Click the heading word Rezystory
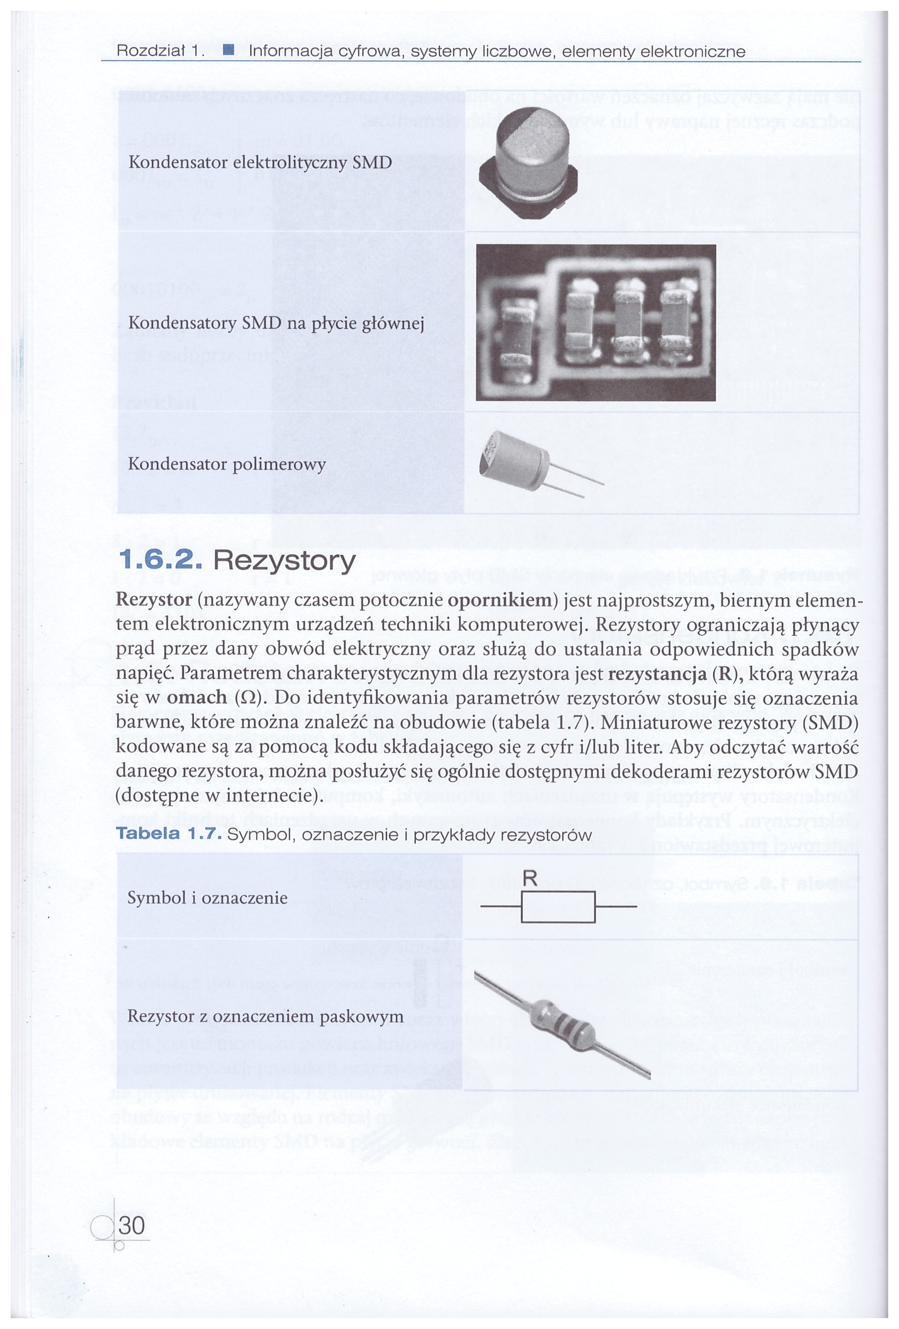pyautogui.click(x=284, y=561)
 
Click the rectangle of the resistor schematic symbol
pyautogui.click(x=558, y=906)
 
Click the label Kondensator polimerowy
pyautogui.click(x=226, y=464)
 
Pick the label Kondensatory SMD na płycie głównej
pyautogui.click(x=276, y=324)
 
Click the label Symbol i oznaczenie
pyautogui.click(x=207, y=898)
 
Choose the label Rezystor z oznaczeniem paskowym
pyautogui.click(x=265, y=1017)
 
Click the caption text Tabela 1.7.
pyautogui.click(x=168, y=834)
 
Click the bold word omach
pyautogui.click(x=197, y=698)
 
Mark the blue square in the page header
pyautogui.click(x=229, y=51)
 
